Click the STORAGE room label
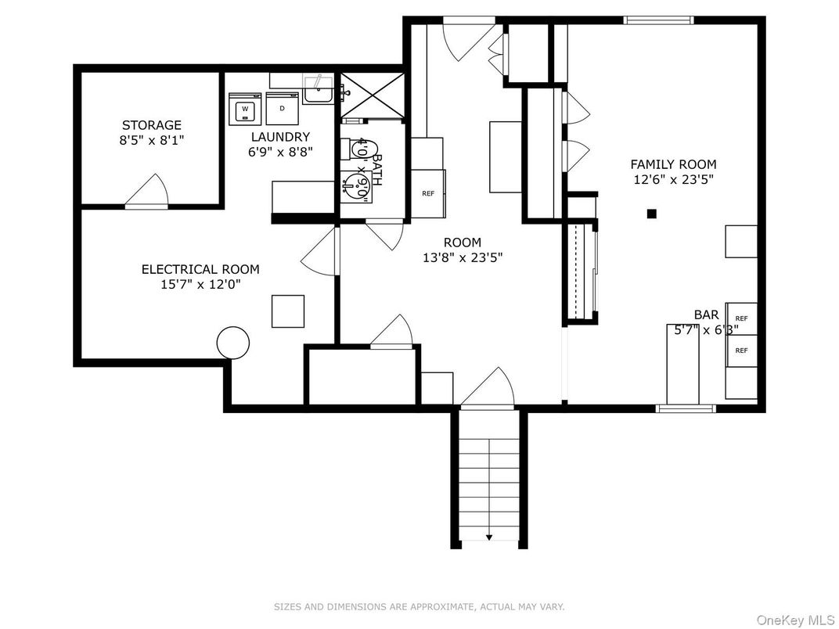(151, 125)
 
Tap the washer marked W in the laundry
(245, 108)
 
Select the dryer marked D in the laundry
(282, 108)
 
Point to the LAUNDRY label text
(280, 137)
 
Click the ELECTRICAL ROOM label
(200, 269)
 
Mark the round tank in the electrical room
(232, 342)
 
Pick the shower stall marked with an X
(373, 95)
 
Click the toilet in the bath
(365, 149)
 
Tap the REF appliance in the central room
(428, 193)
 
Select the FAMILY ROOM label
(673, 164)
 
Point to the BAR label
(706, 314)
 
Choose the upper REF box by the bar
(741, 318)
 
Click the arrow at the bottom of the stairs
(489, 537)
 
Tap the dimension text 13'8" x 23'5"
(462, 257)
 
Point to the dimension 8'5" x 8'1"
(151, 140)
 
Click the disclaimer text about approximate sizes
(419, 607)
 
